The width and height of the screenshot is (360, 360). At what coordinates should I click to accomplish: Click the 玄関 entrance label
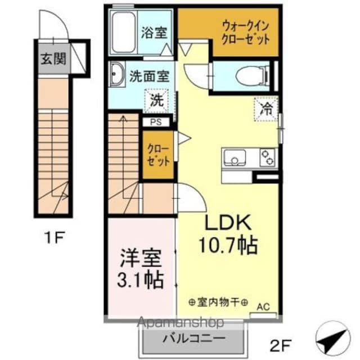click(52, 57)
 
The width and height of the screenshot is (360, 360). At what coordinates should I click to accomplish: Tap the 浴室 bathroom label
click(154, 32)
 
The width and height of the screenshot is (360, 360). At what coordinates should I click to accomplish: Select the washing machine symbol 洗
click(157, 101)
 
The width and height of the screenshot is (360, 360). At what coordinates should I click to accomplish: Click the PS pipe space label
click(153, 121)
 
